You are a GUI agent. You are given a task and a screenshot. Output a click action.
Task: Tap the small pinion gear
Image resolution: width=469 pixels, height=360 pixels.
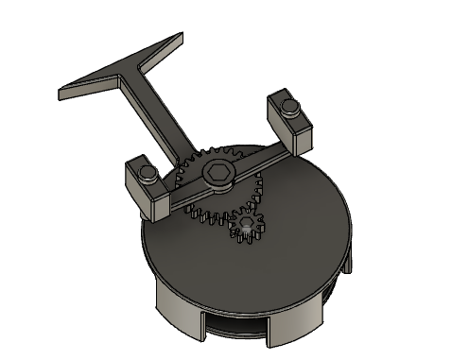point(248,226)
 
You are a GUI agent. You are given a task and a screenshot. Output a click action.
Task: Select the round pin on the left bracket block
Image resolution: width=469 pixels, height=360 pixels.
point(147,171)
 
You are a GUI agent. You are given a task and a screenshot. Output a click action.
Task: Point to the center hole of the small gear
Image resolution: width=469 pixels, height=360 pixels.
point(248,225)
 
